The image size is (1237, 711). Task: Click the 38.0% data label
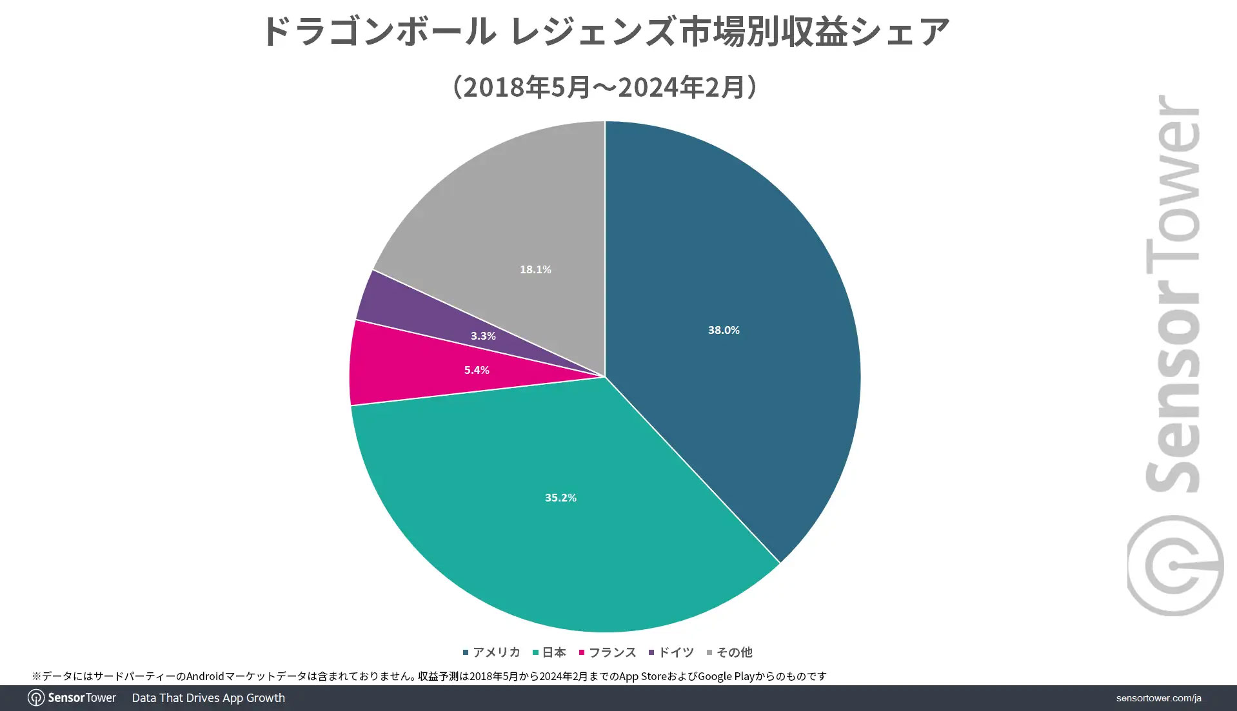pos(724,330)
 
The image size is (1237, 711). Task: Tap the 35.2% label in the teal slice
pos(560,498)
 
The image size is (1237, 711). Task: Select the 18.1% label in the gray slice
pos(535,269)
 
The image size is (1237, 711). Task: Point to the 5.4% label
pos(477,370)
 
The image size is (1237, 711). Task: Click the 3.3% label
pos(483,336)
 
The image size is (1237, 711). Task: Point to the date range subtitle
pos(605,87)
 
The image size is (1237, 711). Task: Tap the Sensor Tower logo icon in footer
pos(36,698)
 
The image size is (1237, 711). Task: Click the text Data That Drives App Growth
pos(208,698)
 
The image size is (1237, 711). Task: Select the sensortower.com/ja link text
pos(1158,698)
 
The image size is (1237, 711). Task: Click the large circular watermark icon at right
pos(1175,566)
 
